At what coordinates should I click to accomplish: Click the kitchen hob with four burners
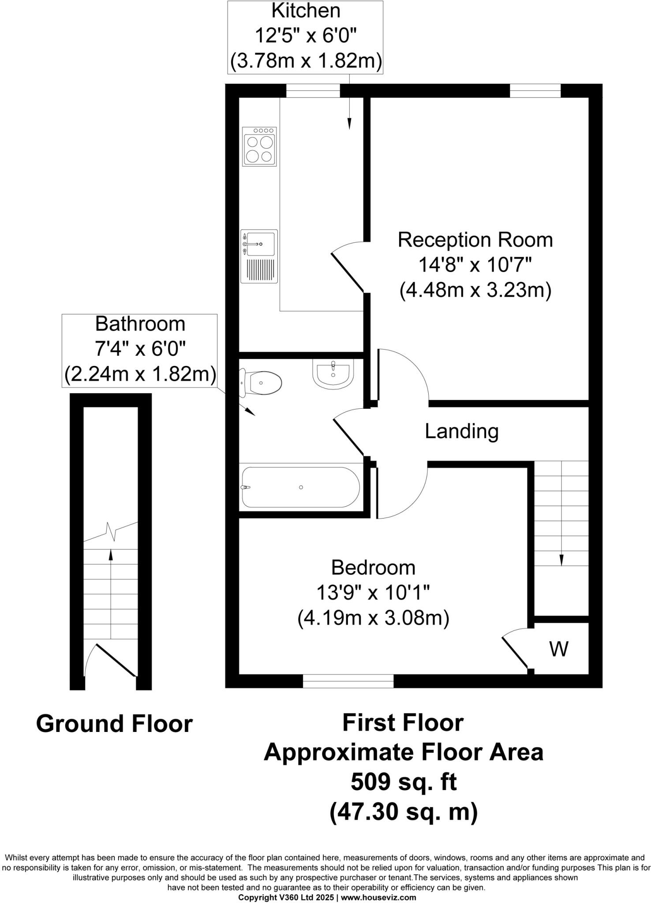coord(259,146)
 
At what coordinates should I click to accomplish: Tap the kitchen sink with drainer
coord(259,256)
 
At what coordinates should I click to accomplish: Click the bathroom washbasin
coord(333,374)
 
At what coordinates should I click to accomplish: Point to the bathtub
coord(301,487)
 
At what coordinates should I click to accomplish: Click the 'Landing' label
coord(461,431)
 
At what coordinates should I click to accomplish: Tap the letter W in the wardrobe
coord(559,649)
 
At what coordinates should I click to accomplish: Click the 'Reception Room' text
coord(475,240)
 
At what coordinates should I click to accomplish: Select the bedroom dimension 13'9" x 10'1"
coord(373,593)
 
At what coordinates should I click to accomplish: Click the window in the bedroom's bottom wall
coord(348,681)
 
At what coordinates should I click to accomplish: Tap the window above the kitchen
coord(313,91)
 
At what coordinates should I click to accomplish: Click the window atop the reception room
coord(535,91)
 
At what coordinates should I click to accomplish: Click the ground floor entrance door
coord(116,660)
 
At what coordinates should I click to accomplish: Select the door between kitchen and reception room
coord(348,273)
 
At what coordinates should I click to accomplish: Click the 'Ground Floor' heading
coord(114,724)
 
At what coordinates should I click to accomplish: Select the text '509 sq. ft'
coord(403,782)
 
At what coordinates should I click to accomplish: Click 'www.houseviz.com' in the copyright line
coord(378,897)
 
